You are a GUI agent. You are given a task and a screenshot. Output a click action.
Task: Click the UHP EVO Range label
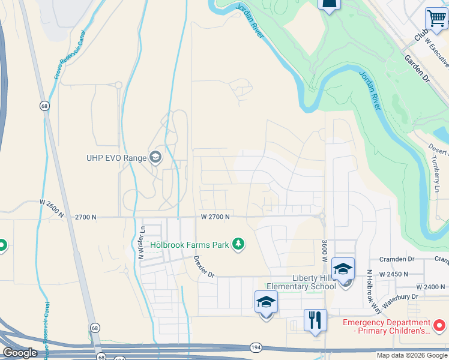[x=115, y=158]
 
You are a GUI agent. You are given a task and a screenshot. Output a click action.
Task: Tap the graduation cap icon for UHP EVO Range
[x=155, y=158]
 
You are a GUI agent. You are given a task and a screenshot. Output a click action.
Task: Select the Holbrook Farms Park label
[x=190, y=245]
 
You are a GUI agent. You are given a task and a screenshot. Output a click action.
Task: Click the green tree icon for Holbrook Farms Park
[x=239, y=244]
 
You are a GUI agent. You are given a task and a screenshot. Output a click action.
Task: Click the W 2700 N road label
[x=215, y=217]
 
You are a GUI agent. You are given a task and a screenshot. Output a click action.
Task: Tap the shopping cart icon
[x=436, y=18]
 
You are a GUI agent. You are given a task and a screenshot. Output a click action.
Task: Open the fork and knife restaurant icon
[x=315, y=320]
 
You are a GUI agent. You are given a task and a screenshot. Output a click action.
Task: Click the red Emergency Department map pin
[x=439, y=326]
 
